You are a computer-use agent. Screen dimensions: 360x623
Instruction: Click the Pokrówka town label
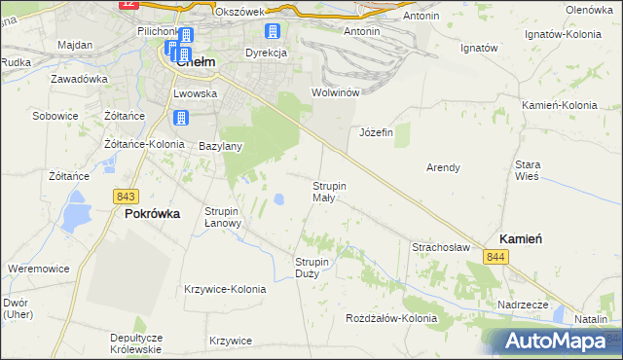tap(152, 215)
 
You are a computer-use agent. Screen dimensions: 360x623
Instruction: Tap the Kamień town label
tap(520, 238)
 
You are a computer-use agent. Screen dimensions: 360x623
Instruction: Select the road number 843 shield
tap(125, 196)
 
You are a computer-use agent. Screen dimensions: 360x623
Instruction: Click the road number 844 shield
tap(496, 256)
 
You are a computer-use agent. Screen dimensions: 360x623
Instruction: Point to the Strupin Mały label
tap(329, 191)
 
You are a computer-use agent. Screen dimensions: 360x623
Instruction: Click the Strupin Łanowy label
tap(223, 216)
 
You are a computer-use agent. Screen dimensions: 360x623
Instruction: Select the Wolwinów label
tap(336, 92)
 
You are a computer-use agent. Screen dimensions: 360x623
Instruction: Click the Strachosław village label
tap(442, 247)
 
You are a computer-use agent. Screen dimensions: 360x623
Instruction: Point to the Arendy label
tap(443, 167)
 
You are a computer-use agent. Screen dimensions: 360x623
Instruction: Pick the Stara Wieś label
tap(528, 171)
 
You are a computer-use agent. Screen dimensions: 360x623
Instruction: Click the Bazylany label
tap(220, 146)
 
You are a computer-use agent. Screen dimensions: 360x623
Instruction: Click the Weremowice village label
tap(36, 267)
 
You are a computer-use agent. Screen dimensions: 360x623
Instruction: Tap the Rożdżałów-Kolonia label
tap(392, 318)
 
